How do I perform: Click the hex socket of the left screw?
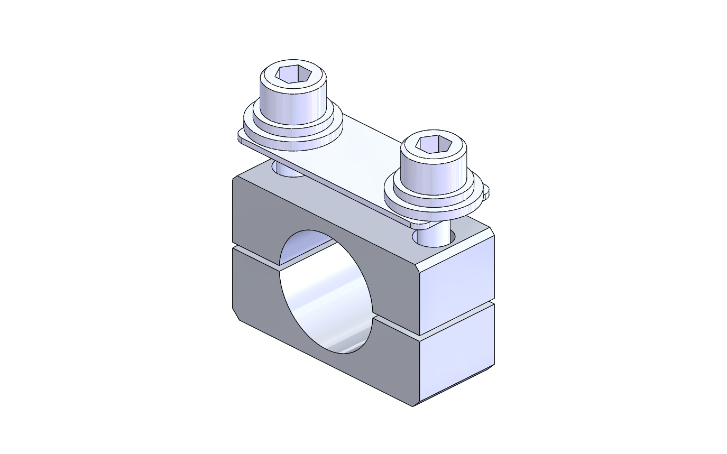point(295,75)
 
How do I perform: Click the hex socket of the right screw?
point(434,144)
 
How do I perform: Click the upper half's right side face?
point(457,280)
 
